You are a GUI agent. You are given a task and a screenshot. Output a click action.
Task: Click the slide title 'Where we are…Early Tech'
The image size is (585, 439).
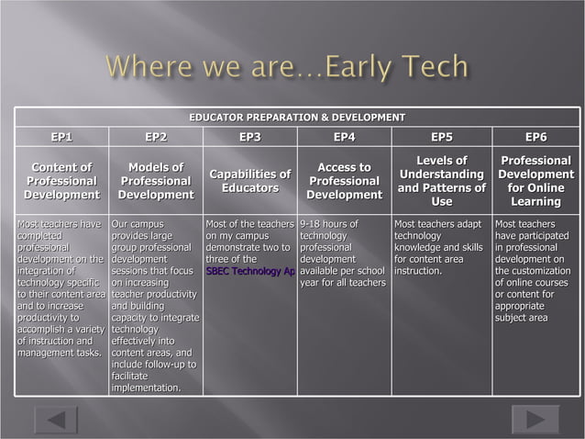[287, 68]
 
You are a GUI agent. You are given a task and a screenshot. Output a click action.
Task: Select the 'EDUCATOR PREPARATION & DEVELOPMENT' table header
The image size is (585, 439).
[296, 118]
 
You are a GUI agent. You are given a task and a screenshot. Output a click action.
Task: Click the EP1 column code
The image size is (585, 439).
[61, 138]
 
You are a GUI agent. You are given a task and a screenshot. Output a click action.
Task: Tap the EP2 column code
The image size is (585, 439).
[156, 138]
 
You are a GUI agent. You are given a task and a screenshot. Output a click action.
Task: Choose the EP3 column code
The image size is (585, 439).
[249, 138]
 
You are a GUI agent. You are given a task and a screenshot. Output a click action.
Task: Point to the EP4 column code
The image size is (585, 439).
[344, 138]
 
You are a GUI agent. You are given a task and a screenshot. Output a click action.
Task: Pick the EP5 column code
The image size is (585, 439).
[442, 138]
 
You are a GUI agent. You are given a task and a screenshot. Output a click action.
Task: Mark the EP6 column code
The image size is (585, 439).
[536, 138]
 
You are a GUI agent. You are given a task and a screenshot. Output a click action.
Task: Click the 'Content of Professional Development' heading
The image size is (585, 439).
[61, 181]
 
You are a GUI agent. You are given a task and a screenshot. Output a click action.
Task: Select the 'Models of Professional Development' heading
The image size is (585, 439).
[156, 181]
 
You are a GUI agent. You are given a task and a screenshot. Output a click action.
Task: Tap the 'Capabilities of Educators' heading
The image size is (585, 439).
[249, 181]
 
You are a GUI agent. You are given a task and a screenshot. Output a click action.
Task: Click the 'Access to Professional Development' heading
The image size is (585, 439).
[344, 181]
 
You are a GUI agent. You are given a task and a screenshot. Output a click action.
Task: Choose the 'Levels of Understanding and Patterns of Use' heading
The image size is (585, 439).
[442, 181]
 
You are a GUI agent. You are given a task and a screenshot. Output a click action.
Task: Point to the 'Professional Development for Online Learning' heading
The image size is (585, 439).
[536, 181]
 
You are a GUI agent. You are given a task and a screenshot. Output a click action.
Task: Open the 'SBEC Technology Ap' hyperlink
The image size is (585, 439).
[250, 271]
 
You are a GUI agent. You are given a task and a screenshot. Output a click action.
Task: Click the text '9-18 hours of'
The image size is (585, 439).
[328, 224]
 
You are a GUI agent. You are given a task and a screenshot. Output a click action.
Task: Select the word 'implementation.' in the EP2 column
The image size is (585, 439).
[145, 388]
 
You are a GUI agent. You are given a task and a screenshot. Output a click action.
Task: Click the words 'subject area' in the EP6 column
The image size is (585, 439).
[521, 318]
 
